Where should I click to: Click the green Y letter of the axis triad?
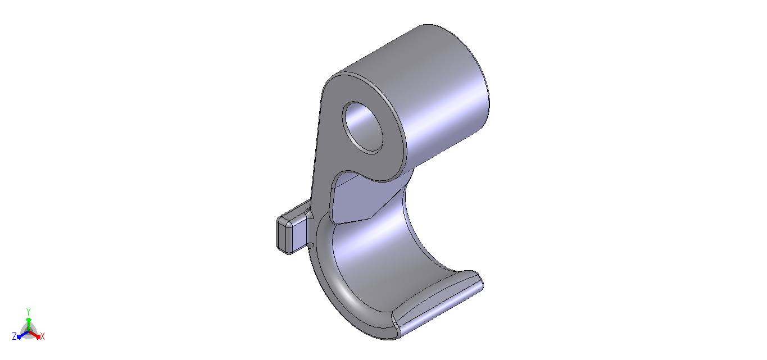click(x=29, y=311)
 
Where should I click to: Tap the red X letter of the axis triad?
click(x=43, y=337)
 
